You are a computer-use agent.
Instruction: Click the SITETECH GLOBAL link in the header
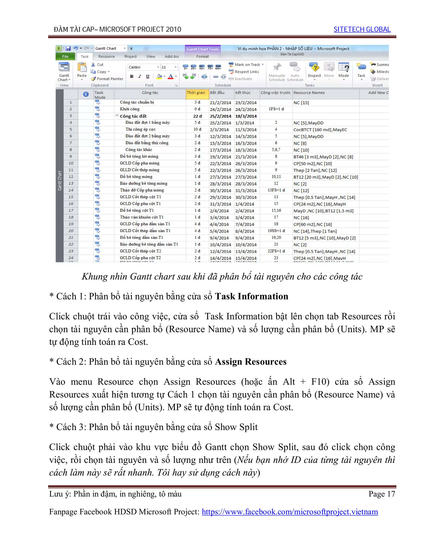(x=362, y=29)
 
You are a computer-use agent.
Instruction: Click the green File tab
(x=65, y=56)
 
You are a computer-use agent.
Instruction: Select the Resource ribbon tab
(x=106, y=56)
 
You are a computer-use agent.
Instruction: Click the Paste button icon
(x=82, y=68)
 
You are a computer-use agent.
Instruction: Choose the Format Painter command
(x=107, y=79)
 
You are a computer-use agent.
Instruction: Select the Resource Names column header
(x=309, y=93)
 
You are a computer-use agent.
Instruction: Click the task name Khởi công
(x=130, y=109)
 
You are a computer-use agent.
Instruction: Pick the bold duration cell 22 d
(x=197, y=116)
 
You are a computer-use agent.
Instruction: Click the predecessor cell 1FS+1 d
(x=276, y=109)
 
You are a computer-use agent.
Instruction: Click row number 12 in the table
(x=71, y=177)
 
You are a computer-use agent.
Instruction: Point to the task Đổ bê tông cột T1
(x=137, y=210)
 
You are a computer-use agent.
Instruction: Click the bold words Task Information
(x=251, y=296)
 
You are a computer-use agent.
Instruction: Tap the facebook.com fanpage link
(x=289, y=512)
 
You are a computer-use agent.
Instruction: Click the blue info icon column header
(x=86, y=94)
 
